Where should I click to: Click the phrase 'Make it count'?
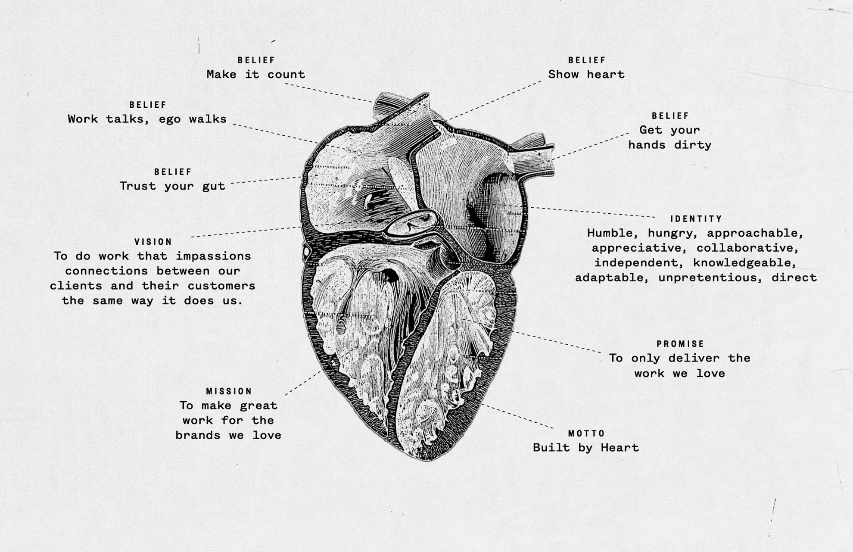coord(255,75)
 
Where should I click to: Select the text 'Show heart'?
coord(586,75)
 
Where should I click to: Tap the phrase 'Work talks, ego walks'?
coord(147,119)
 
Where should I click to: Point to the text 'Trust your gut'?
coord(172,186)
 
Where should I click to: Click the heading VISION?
coord(153,242)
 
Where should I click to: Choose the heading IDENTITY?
coord(696,219)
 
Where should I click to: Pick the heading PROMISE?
coord(680,344)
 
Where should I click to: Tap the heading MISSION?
coord(229,391)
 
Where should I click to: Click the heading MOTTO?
coord(586,433)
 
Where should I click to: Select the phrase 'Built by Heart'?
coord(586,448)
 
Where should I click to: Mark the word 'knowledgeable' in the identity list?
coord(744,263)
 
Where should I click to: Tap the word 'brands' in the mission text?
coord(198,435)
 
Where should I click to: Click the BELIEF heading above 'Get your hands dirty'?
coord(670,115)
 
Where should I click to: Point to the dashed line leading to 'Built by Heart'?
coord(517,416)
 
